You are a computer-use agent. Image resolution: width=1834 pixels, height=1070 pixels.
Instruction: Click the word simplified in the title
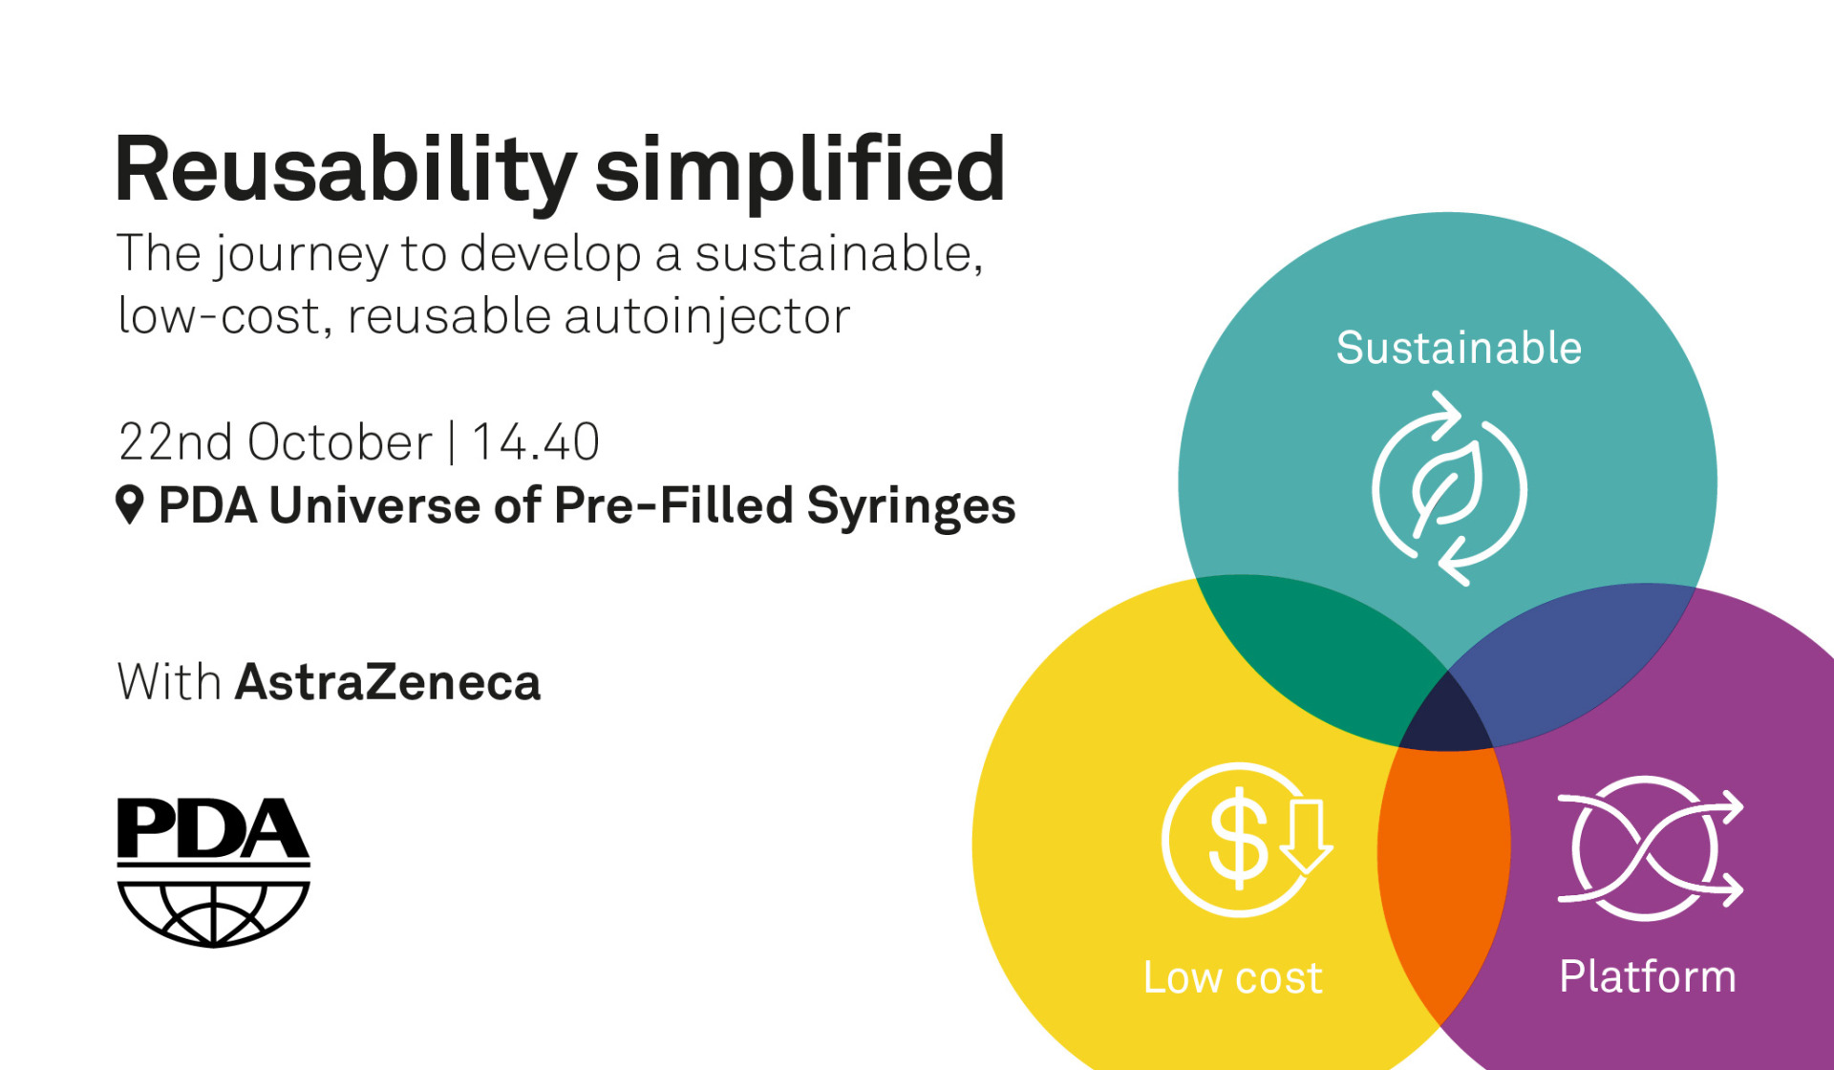tap(800, 170)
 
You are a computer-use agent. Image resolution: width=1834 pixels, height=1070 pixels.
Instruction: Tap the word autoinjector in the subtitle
tap(707, 316)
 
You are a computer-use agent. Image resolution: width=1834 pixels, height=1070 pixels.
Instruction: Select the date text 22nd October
tap(275, 442)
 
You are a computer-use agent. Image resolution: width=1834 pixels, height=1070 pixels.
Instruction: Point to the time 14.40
tap(536, 442)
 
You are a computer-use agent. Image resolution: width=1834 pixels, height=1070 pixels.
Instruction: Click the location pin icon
tap(130, 503)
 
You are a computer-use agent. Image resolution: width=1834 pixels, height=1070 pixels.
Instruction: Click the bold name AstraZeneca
tap(388, 682)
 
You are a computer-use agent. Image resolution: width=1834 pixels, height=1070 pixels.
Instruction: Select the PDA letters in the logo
tap(212, 828)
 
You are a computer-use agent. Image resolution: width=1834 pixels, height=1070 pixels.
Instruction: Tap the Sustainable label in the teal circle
tap(1458, 348)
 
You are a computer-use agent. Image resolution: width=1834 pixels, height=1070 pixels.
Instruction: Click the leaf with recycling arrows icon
tap(1449, 488)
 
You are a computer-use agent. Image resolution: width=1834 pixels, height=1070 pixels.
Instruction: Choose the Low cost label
tap(1232, 977)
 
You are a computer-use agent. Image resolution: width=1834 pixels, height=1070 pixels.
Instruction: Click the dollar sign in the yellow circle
tap(1237, 839)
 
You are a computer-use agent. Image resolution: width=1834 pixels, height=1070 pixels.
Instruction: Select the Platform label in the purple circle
tap(1647, 976)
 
